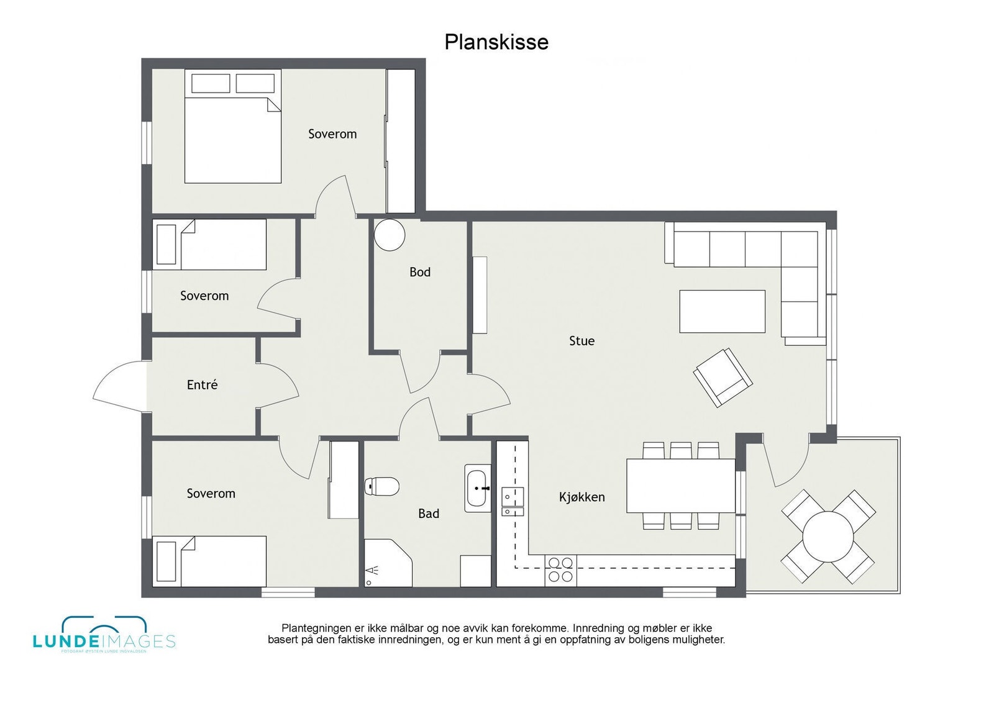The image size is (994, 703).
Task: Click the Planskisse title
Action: point(496,42)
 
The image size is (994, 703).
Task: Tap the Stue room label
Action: point(581,340)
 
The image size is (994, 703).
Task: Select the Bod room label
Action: point(419,272)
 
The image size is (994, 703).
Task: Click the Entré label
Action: point(202,385)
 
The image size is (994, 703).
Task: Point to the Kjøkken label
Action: point(581,497)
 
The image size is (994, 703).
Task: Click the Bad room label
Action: point(428,514)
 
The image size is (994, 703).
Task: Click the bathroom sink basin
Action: point(476,488)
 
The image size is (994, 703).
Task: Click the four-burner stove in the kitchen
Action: point(560,570)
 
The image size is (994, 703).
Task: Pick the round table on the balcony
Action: point(828,536)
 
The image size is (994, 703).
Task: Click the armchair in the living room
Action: point(723,377)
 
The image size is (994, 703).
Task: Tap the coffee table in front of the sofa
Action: point(722,311)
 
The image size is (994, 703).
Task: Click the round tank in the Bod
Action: point(390,235)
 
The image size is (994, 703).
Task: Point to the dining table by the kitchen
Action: point(680,485)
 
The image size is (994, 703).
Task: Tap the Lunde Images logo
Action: point(104,635)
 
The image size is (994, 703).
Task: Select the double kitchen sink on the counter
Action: point(513,502)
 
